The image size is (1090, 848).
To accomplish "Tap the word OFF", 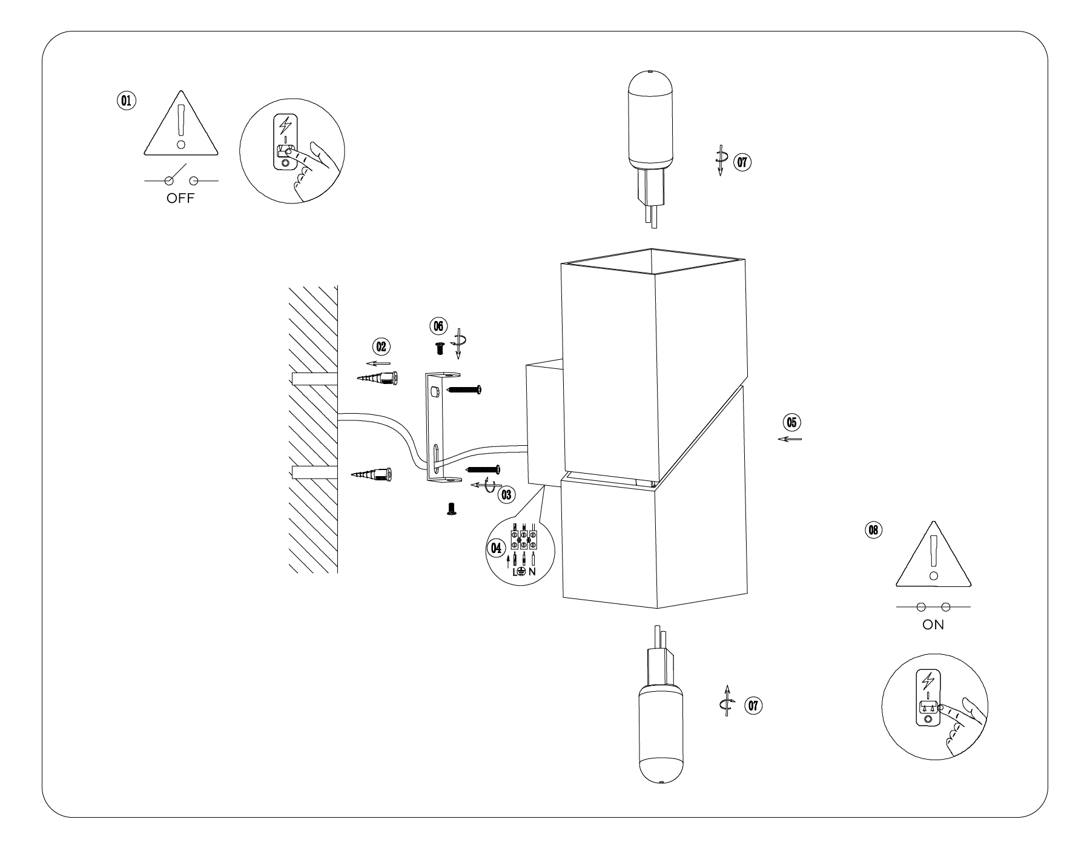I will (181, 199).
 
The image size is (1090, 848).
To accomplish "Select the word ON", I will (933, 625).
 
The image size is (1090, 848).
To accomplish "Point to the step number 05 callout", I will (791, 421).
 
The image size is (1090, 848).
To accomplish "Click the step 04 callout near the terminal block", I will (496, 548).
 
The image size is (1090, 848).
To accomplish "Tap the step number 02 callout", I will (381, 346).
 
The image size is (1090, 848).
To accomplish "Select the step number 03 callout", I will (506, 494).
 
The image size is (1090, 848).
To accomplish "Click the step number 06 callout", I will (437, 325).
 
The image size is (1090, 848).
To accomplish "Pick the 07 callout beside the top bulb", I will (743, 162).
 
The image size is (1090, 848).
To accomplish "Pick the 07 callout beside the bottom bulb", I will (753, 706).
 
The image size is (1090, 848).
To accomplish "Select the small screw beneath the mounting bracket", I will (451, 509).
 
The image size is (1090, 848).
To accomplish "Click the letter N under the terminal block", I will (532, 571).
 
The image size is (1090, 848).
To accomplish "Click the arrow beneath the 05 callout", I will (790, 439).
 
